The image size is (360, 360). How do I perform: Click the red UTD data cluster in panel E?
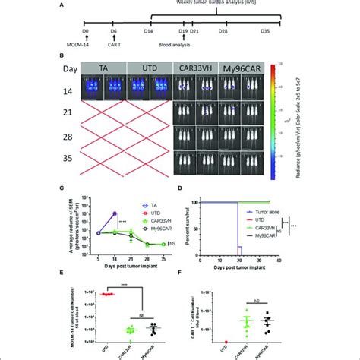[x=109, y=293]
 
